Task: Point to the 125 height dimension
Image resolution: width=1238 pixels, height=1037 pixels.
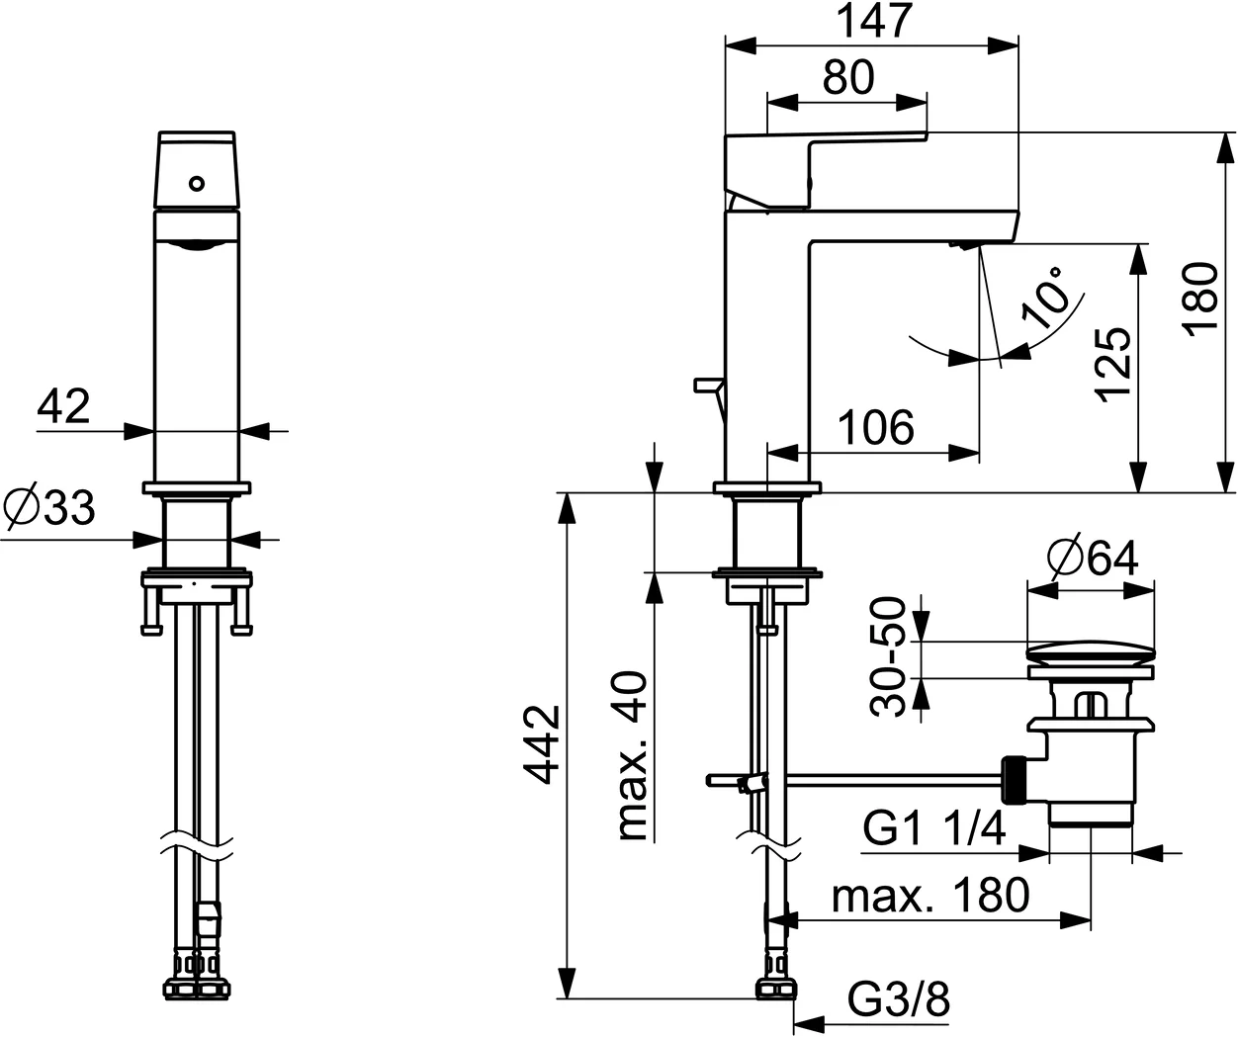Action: tap(1113, 363)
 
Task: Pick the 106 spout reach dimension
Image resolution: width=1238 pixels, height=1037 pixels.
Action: tap(875, 428)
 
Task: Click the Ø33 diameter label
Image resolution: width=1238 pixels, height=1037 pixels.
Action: tap(49, 508)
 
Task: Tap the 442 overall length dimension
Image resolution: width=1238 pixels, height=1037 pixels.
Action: tap(541, 743)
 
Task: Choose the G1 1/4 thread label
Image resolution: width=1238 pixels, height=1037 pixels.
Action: tap(933, 828)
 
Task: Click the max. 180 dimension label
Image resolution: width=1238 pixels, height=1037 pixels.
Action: tap(930, 896)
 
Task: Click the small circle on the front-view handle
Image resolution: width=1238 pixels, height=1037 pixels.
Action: tap(197, 183)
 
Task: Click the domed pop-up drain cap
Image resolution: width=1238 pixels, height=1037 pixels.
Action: tap(1091, 651)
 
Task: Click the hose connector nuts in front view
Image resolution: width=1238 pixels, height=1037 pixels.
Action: tap(197, 986)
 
